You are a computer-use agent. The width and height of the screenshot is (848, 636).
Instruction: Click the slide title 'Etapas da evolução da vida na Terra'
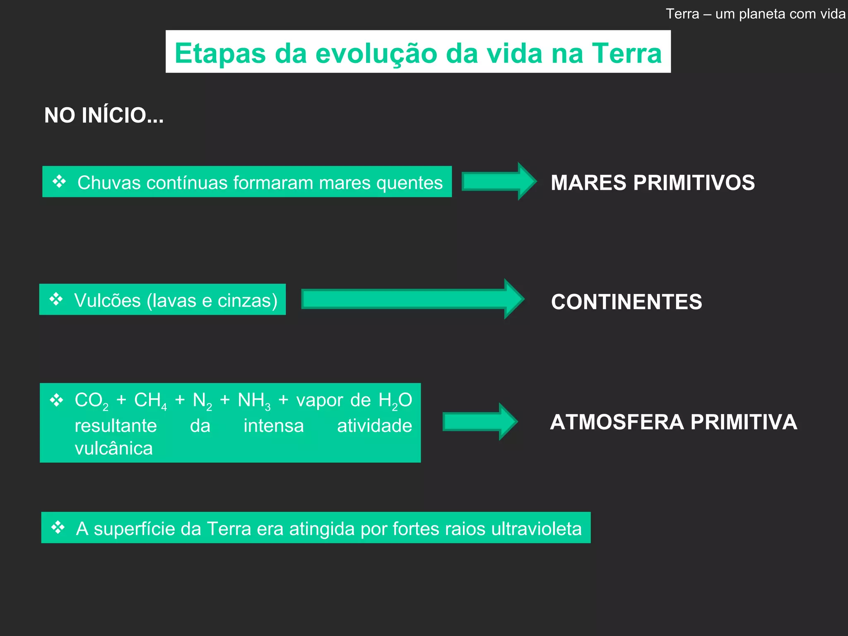418,53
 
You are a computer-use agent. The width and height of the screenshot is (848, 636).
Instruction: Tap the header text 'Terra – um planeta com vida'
755,14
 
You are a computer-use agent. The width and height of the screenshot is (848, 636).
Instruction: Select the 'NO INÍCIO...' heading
104,115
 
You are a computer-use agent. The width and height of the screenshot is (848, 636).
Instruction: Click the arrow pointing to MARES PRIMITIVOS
499,181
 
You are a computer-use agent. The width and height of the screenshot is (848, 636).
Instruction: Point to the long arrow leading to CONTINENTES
412,299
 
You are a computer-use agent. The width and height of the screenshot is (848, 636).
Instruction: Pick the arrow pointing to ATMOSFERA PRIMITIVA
479,422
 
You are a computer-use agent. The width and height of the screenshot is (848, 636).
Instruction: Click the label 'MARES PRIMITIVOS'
653,183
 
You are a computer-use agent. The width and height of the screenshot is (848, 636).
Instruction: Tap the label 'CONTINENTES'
626,301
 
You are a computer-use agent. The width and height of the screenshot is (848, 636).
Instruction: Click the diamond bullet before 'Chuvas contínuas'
59,181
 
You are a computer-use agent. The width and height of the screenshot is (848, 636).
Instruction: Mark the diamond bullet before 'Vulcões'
56,299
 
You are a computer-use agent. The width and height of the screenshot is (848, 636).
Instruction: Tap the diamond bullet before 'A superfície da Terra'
58,528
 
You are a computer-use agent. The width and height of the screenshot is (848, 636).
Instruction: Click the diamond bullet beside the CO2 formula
56,400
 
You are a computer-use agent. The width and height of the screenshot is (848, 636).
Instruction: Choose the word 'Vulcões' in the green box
108,301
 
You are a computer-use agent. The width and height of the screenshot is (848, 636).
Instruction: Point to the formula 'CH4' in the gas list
150,401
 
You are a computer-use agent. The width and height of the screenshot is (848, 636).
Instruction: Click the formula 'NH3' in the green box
254,401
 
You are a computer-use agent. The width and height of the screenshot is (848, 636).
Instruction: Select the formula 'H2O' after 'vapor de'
395,401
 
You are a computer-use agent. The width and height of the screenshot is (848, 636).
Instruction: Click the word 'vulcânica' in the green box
114,448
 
